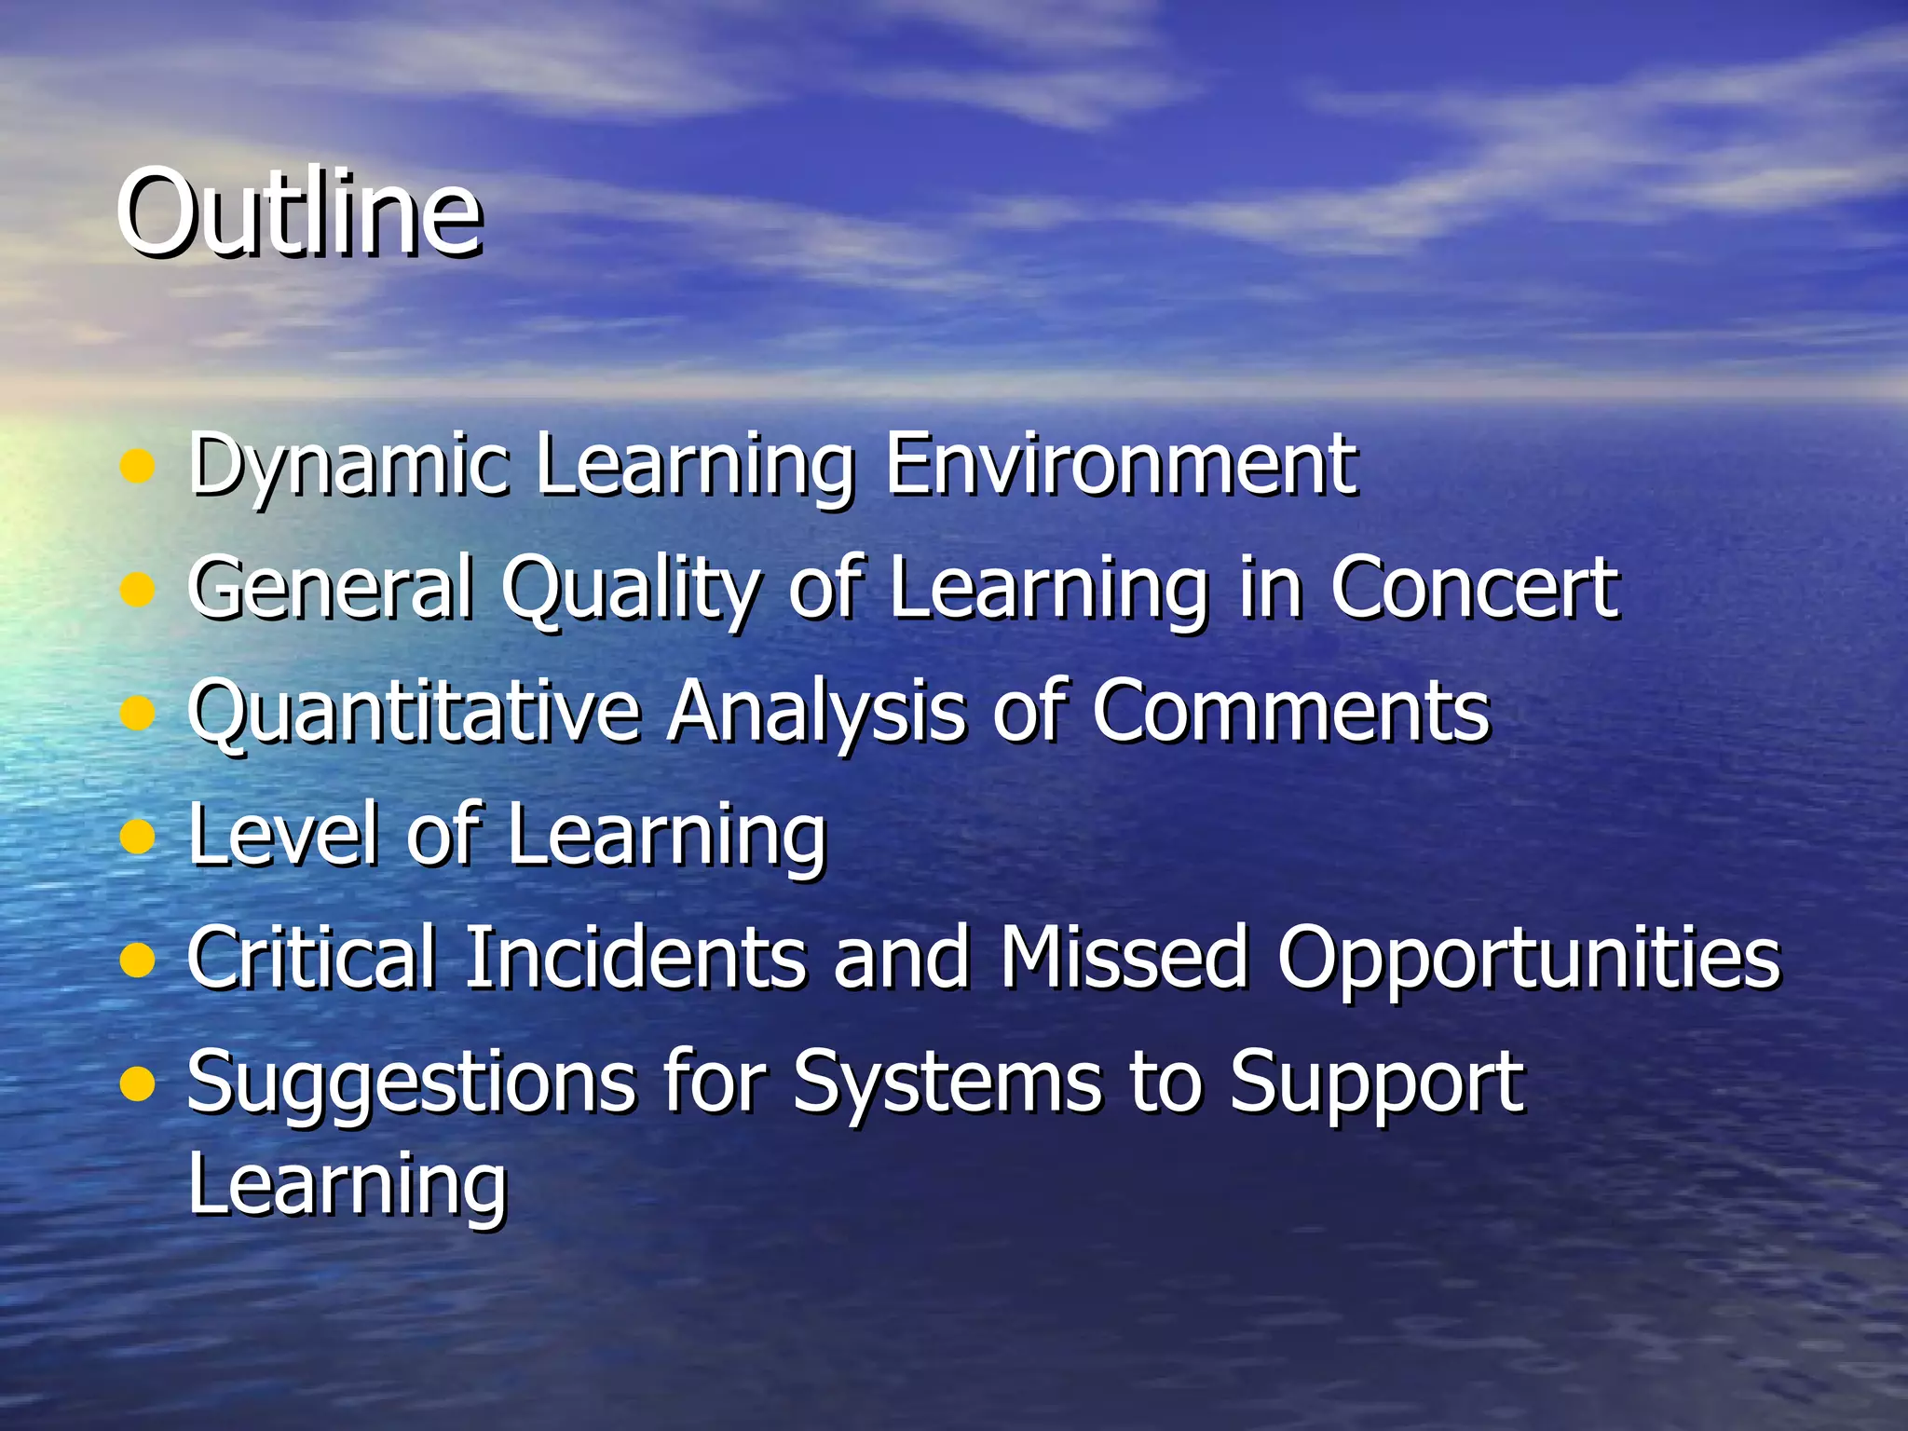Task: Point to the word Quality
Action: tap(631, 590)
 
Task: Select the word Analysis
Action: tap(816, 713)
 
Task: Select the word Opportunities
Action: tap(1528, 960)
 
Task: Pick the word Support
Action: tap(1376, 1084)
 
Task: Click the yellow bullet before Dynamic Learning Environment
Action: tap(137, 466)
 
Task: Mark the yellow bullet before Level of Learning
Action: tap(137, 836)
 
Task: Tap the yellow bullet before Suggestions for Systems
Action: tap(137, 1083)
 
